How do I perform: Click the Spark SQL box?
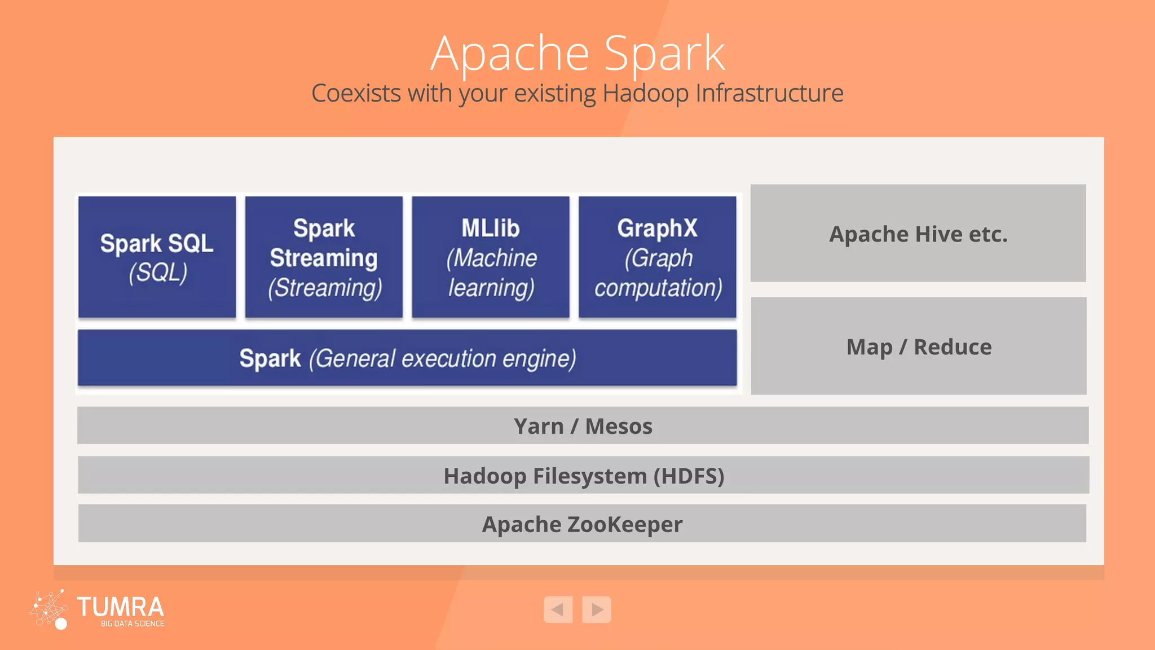157,257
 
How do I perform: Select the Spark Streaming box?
324,257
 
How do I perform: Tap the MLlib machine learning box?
491,257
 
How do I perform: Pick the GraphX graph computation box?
658,257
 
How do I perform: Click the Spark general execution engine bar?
407,358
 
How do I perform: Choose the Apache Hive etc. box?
918,234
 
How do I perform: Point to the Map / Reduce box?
919,346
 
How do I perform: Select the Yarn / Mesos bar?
583,426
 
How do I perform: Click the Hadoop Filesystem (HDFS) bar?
583,475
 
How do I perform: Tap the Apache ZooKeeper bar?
582,524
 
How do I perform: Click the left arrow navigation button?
558,609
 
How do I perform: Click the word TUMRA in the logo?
120,607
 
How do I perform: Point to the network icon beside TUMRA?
49,609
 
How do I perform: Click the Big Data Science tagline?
133,623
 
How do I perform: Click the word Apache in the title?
510,54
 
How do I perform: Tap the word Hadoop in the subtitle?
645,94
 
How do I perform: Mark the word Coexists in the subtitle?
356,93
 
